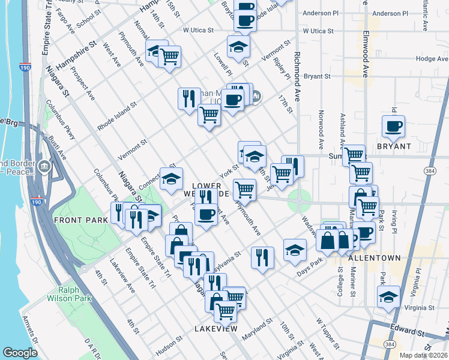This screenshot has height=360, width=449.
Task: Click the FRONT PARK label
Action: [x=80, y=220]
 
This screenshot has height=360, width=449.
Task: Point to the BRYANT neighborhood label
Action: [x=394, y=146]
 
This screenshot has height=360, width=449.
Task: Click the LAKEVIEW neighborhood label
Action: [x=216, y=329]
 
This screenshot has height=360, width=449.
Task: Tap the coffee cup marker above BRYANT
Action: [x=394, y=126]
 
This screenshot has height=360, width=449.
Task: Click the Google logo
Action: [x=20, y=352]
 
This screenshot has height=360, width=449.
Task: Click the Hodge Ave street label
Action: [x=432, y=59]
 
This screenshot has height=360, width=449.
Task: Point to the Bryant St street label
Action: [x=317, y=76]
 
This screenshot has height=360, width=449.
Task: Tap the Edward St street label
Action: [x=408, y=332]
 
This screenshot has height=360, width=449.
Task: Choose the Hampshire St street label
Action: [x=76, y=55]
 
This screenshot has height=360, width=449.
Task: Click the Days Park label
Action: [x=310, y=268]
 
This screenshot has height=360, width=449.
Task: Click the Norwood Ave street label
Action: [x=321, y=129]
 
